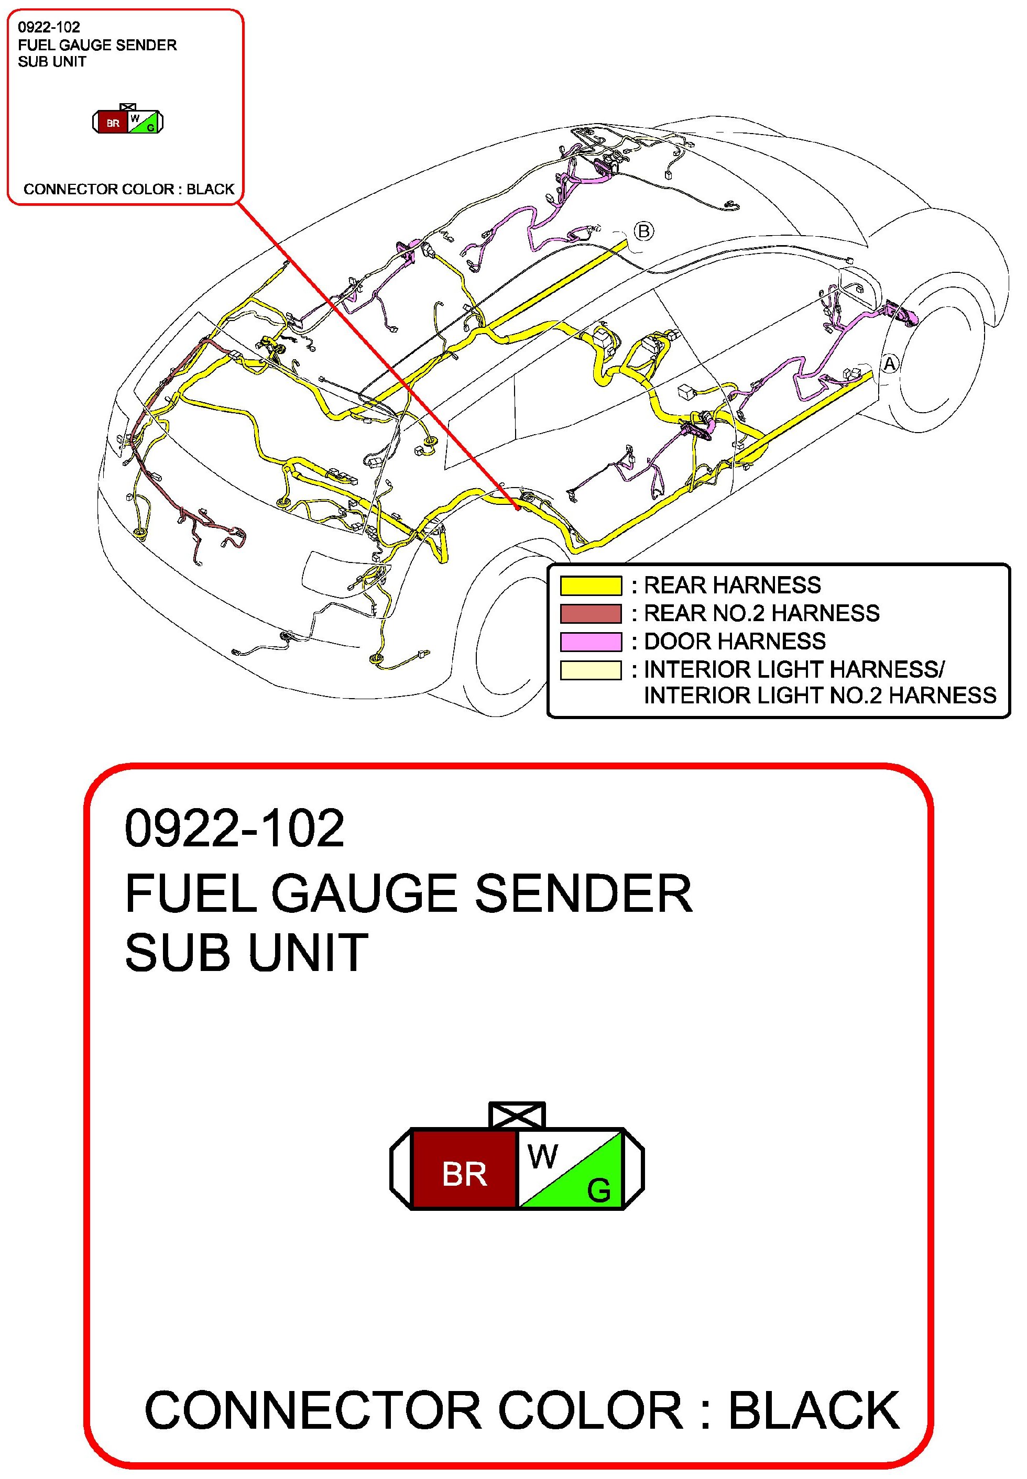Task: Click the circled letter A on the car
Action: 889,365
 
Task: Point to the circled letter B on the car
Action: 643,231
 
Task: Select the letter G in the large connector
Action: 598,1191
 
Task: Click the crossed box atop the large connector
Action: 517,1115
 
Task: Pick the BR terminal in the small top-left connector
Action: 113,123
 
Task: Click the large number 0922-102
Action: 235,828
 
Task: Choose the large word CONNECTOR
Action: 313,1411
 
